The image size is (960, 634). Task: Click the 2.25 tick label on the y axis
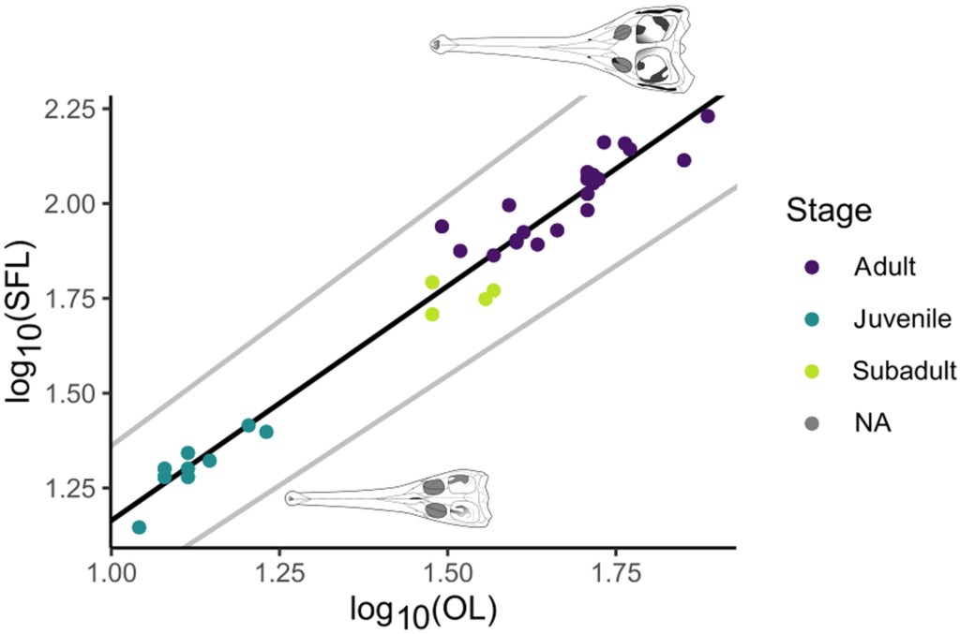(71, 109)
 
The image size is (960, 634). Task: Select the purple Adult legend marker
(811, 267)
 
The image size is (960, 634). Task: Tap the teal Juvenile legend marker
(811, 319)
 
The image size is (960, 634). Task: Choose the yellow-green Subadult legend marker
(811, 371)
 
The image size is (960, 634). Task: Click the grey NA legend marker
(811, 423)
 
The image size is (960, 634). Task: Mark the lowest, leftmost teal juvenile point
(139, 527)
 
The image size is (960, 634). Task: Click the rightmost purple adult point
(708, 116)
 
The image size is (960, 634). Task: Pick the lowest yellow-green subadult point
(432, 314)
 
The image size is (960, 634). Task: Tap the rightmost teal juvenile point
(266, 432)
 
